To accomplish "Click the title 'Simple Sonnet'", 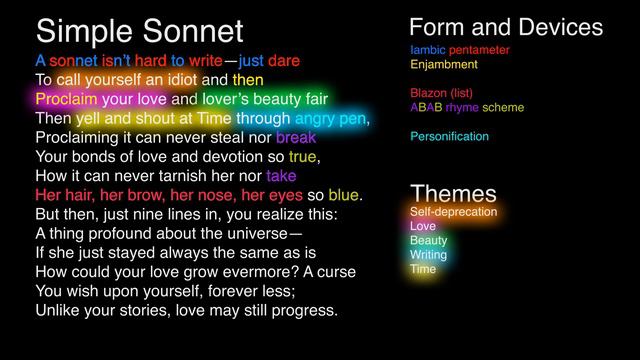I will (x=140, y=30).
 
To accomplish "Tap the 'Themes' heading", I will (x=453, y=193).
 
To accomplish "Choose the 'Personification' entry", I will (x=449, y=136).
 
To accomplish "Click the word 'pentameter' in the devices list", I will (x=481, y=49).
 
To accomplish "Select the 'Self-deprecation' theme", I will (x=453, y=212).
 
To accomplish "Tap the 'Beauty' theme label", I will (x=429, y=241).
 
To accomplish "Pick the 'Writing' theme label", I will (x=429, y=255).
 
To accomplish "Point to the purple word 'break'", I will (x=296, y=138).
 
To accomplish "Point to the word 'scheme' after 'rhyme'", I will (x=504, y=107).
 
